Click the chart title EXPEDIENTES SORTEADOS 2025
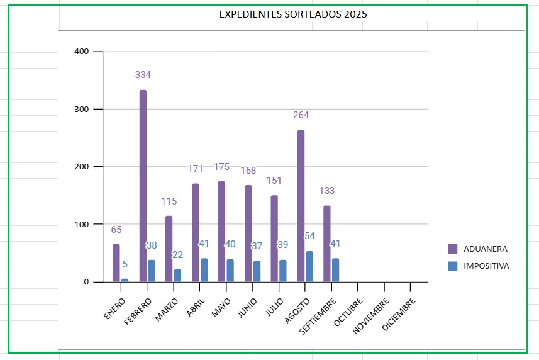point(293,14)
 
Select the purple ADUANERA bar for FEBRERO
point(143,186)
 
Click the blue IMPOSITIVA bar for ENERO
point(125,280)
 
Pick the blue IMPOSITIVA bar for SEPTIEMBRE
point(336,270)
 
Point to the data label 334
point(143,75)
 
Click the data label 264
point(301,115)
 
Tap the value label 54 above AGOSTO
point(310,236)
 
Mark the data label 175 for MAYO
point(221,167)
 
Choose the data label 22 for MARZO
point(177,255)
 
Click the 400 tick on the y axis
point(82,52)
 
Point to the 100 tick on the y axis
point(82,224)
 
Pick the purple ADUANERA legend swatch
point(453,249)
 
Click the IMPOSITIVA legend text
point(486,266)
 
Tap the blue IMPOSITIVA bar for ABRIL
point(204,270)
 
